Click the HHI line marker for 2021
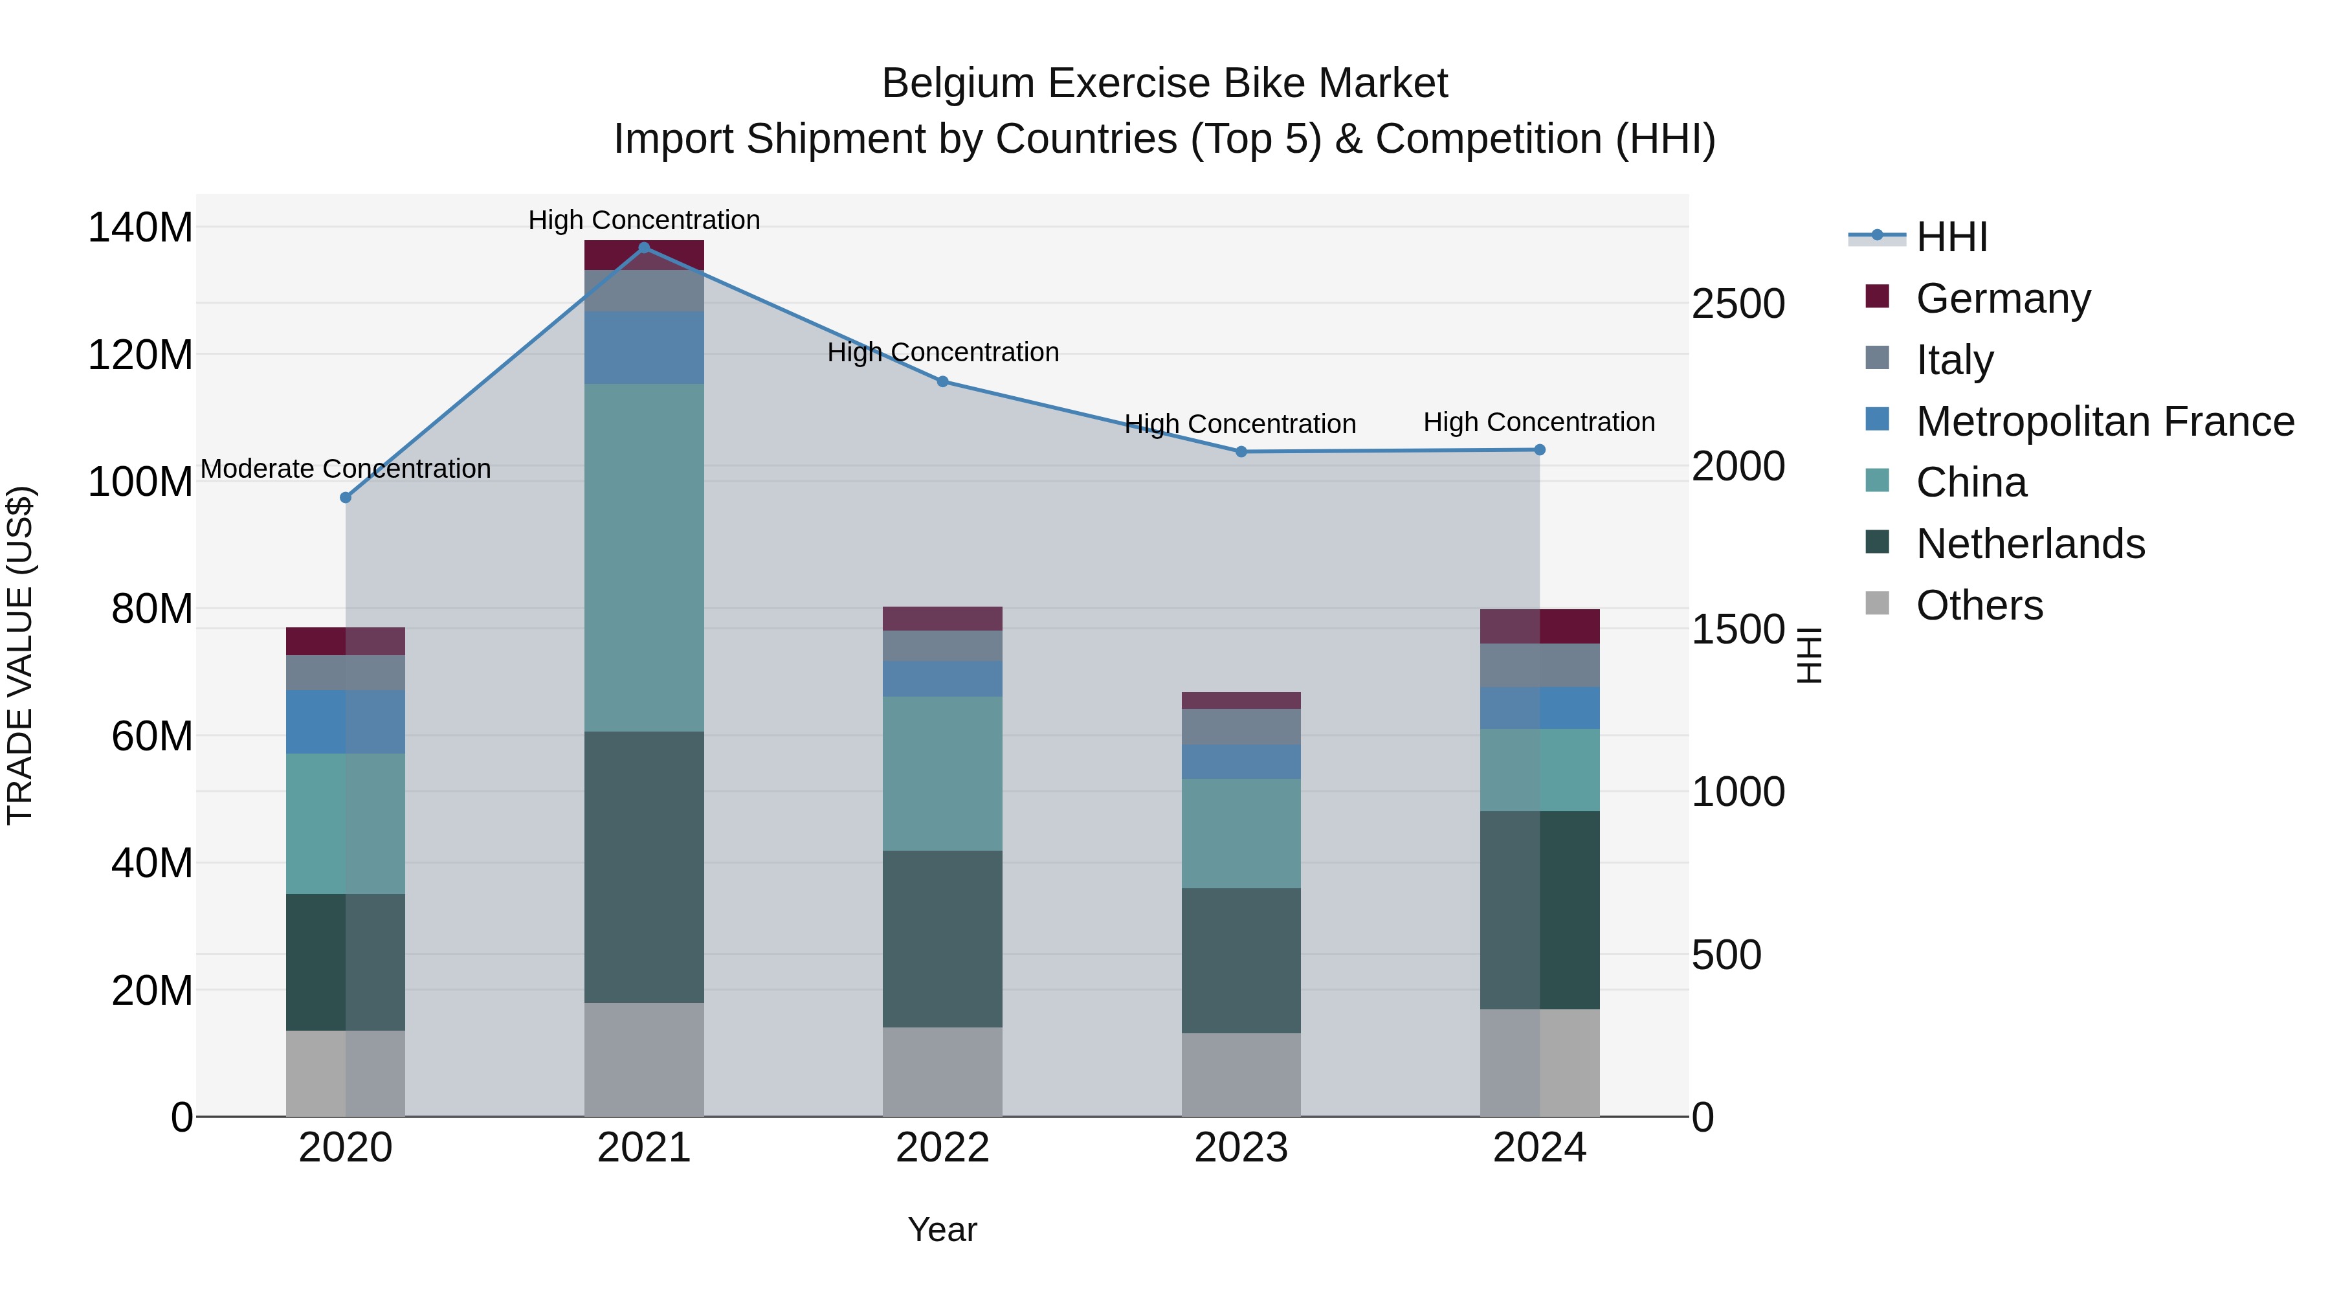point(644,248)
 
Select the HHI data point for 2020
point(346,498)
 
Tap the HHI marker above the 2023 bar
point(1241,451)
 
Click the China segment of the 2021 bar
point(644,557)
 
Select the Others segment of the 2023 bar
point(1241,1075)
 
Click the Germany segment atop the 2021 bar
point(644,256)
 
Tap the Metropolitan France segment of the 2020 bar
point(346,722)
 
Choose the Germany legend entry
point(2002,298)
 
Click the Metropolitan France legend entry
point(2104,421)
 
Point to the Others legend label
point(1979,605)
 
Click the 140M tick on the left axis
point(140,227)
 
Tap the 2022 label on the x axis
point(942,1148)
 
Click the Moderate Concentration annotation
point(346,469)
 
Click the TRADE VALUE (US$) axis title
point(20,655)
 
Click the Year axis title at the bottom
point(942,1229)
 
